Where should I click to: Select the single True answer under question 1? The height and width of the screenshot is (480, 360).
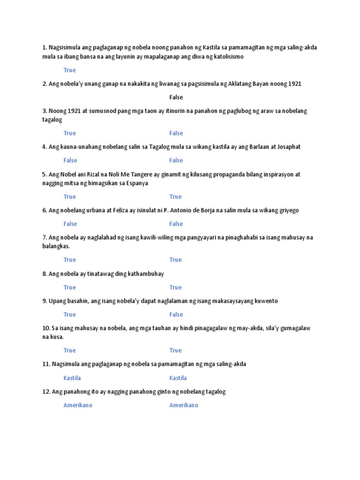(69, 70)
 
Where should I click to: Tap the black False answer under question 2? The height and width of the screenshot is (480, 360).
(176, 97)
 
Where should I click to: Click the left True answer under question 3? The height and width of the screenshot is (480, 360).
(69, 133)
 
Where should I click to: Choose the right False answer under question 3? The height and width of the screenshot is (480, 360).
(176, 133)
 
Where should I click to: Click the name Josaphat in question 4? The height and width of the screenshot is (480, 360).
(287, 147)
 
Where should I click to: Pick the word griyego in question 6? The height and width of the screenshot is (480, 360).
(288, 210)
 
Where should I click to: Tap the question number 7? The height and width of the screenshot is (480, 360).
(45, 238)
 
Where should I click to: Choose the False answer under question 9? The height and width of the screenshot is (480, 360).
(176, 315)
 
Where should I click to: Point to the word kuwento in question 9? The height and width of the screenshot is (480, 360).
(266, 301)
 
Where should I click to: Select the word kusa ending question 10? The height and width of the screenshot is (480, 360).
(56, 337)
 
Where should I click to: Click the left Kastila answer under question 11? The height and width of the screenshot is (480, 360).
(72, 378)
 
